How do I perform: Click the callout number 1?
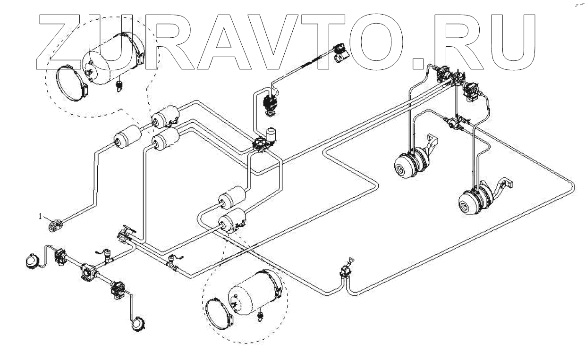point(41,216)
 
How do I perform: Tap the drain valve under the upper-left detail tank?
point(119,85)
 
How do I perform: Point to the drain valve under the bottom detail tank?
point(259,315)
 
